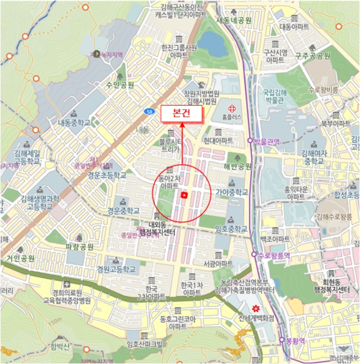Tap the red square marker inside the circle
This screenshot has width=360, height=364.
coord(184,195)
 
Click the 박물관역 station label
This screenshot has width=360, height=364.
coord(267,141)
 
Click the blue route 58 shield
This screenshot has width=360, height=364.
coord(150,112)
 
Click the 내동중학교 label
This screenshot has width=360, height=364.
coord(74,123)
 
